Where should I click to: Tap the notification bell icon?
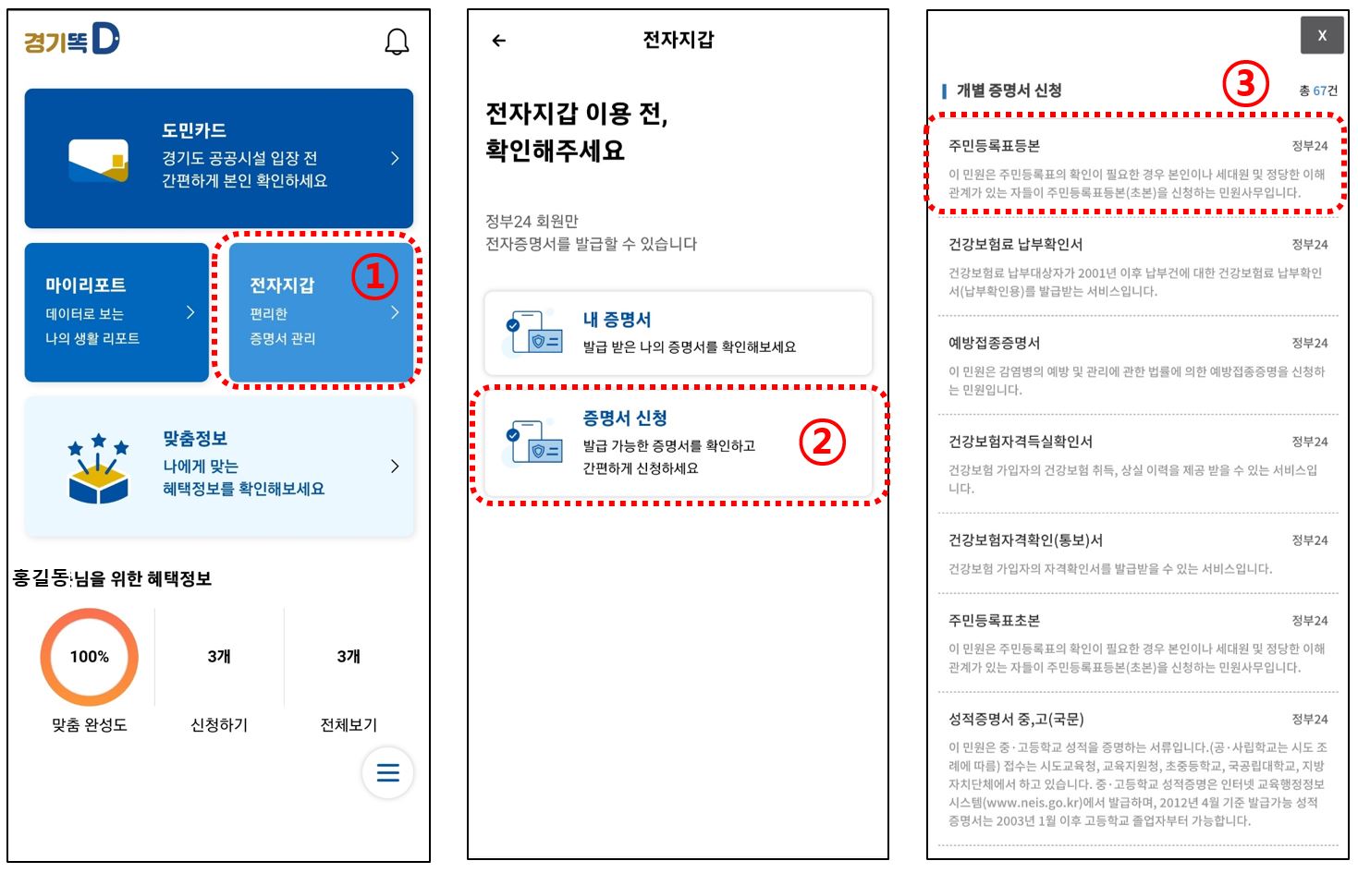coord(397,42)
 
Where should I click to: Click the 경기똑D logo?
coord(71,40)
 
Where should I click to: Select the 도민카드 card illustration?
coord(98,161)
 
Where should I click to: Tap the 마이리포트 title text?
coord(86,285)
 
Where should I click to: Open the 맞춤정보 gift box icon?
coord(98,469)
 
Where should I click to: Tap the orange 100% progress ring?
coord(89,657)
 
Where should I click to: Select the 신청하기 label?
coord(219,725)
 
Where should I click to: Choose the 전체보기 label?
coord(349,725)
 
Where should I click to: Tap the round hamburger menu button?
coord(387,772)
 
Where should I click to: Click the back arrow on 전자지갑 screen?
coord(499,41)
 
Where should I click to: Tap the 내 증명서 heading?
coord(617,320)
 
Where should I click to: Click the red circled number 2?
coord(822,442)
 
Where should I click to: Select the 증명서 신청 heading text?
coord(625,418)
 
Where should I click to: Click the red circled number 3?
coord(1245,84)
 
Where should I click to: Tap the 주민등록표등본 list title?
coord(994,146)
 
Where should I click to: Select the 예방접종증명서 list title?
coord(994,343)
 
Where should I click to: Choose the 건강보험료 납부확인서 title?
coord(1015,245)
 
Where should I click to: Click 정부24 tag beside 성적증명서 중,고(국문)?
coord(1309,719)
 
